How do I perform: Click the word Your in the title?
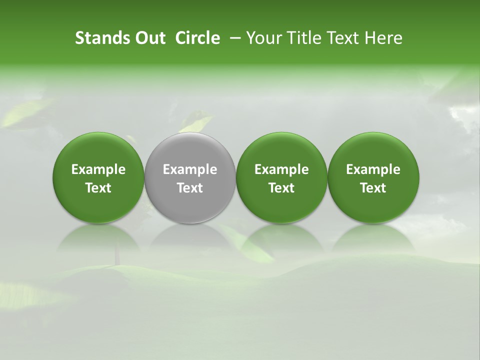click(x=262, y=38)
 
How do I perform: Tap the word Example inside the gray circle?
click(x=190, y=169)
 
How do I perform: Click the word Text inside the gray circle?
click(x=190, y=188)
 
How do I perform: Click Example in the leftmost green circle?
click(x=98, y=169)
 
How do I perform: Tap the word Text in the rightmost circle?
click(x=373, y=188)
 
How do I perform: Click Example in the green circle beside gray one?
click(x=281, y=169)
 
